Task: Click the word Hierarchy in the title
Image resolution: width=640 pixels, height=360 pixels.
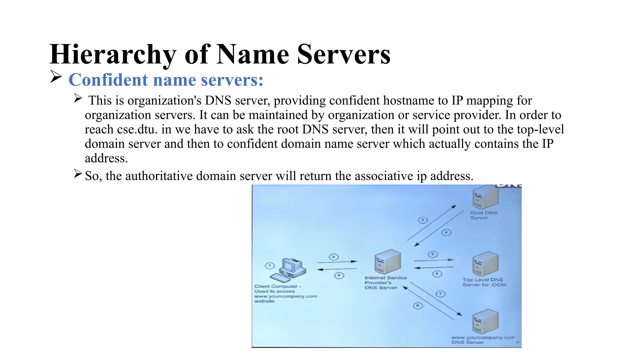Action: pyautogui.click(x=113, y=55)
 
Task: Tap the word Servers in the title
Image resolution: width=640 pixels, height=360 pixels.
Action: pyautogui.click(x=344, y=55)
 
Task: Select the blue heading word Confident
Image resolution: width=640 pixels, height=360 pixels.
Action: pyautogui.click(x=108, y=80)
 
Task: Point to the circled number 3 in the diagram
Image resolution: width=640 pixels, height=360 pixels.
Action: pyautogui.click(x=422, y=220)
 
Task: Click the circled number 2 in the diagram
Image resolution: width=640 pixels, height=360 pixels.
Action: pyautogui.click(x=333, y=257)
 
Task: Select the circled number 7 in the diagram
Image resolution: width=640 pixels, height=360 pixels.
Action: pyautogui.click(x=440, y=294)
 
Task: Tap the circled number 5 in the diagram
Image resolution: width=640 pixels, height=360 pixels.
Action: pyautogui.click(x=433, y=254)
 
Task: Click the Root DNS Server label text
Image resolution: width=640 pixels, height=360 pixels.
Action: pyautogui.click(x=483, y=215)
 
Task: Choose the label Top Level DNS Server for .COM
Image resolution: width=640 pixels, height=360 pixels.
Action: pyautogui.click(x=484, y=282)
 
